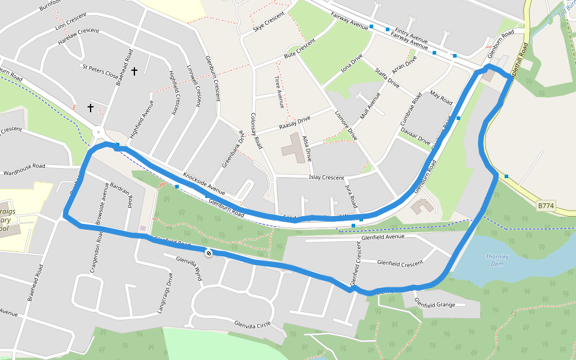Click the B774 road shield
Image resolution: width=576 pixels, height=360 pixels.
545,206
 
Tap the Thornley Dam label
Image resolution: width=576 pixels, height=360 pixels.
497,260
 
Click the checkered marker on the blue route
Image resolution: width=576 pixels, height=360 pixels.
208,253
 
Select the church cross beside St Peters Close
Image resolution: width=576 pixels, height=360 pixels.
134,71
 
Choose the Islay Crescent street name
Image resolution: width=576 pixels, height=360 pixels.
326,178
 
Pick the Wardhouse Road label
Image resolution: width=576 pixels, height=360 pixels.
24,166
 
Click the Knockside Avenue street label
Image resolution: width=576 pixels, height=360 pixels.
203,184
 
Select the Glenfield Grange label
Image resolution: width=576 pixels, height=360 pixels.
434,304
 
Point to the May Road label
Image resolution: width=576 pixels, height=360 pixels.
441,98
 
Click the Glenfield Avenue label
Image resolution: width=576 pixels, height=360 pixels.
383,237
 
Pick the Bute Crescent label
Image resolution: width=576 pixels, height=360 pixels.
299,49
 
